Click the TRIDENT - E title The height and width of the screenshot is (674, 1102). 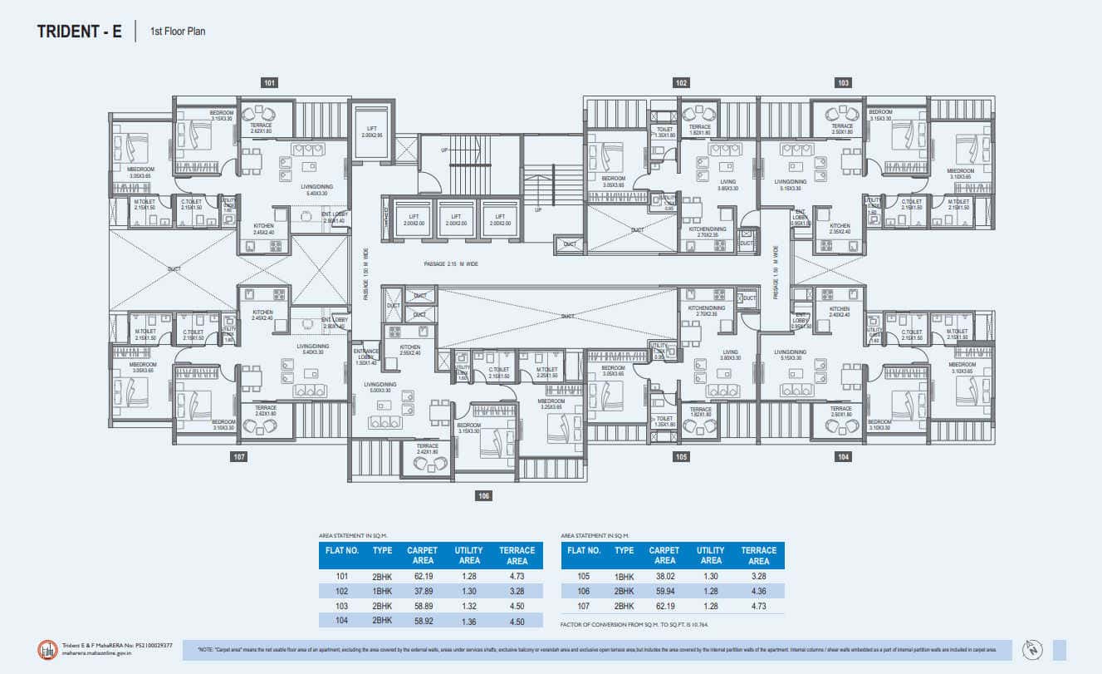pos(80,32)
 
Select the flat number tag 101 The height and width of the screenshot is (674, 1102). pos(269,83)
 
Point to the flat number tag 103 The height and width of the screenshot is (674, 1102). pos(843,83)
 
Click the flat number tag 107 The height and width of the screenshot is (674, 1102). pos(239,456)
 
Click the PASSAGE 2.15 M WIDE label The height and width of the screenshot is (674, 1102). pos(451,264)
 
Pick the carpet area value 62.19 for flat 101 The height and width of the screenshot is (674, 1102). pos(422,576)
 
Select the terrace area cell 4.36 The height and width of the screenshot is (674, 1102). pos(758,591)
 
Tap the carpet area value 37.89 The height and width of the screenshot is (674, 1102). pos(422,591)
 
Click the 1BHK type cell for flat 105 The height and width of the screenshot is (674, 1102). pos(624,576)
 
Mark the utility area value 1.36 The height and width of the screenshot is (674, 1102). pos(468,621)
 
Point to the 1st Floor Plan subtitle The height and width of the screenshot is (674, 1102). pos(178,32)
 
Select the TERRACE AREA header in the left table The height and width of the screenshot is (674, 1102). pos(517,555)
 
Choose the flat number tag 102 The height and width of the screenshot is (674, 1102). pos(681,83)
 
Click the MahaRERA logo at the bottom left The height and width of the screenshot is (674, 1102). pos(47,649)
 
